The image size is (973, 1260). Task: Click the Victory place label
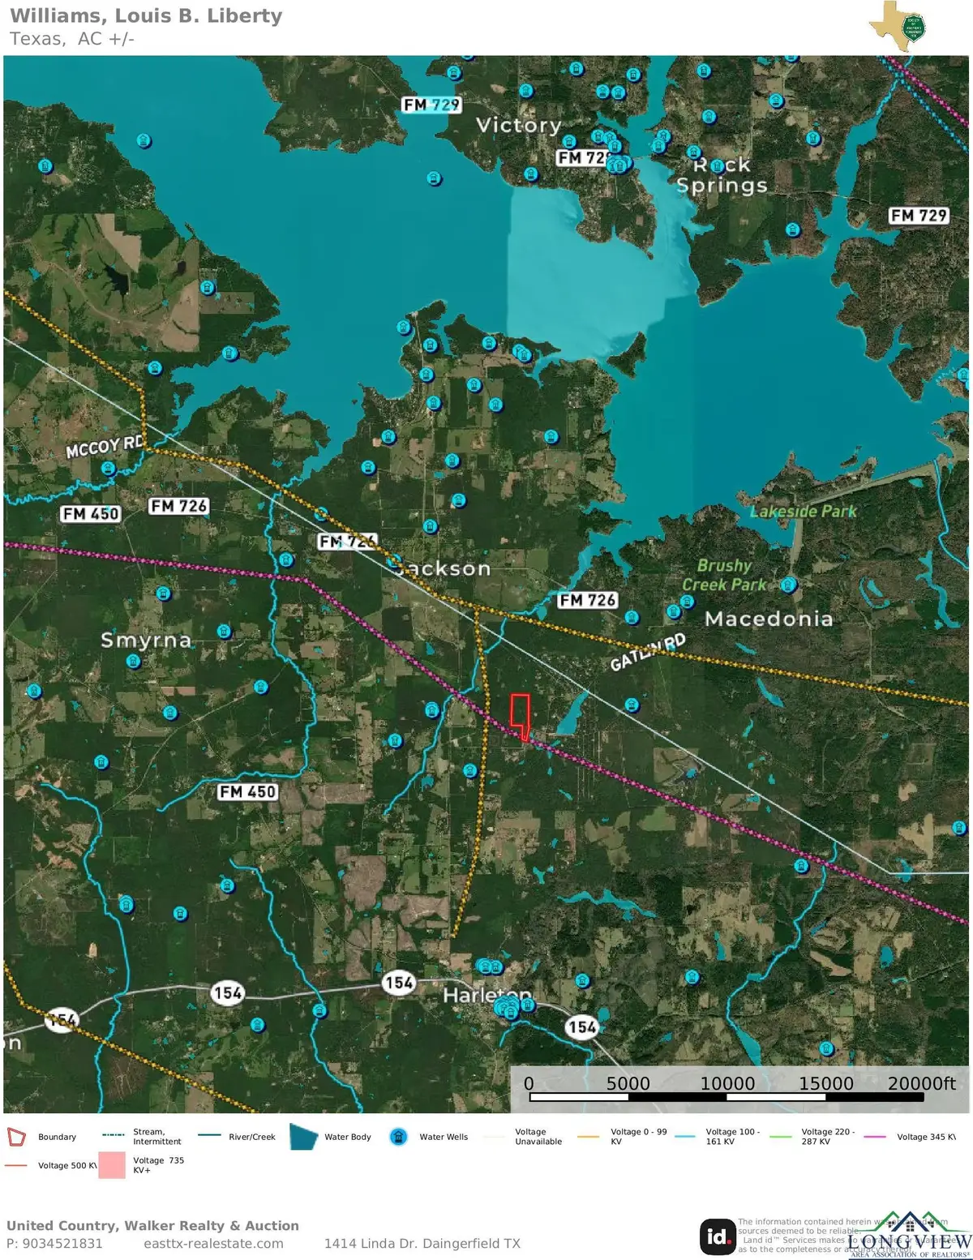(x=518, y=125)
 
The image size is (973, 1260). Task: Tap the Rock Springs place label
(x=722, y=175)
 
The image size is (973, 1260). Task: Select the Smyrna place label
(x=146, y=641)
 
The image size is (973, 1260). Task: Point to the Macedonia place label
(x=769, y=619)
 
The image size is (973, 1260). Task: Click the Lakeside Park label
(x=803, y=512)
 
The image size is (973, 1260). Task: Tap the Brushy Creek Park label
(x=724, y=575)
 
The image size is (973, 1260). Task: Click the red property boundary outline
(x=520, y=714)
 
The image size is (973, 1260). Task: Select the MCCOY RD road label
(x=105, y=446)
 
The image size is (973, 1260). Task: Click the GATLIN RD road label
(x=648, y=651)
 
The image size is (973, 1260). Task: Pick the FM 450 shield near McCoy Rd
(x=91, y=514)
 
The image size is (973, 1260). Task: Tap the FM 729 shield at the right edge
(x=918, y=216)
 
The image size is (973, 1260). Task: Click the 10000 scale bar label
(x=727, y=1083)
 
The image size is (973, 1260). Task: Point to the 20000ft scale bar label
(x=921, y=1083)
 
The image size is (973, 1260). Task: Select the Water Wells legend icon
(x=398, y=1137)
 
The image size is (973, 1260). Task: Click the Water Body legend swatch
(x=303, y=1137)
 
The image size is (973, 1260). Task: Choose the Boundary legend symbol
(x=16, y=1137)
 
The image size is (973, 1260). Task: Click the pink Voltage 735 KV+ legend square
(x=112, y=1165)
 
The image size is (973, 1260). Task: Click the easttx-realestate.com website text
(x=213, y=1244)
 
